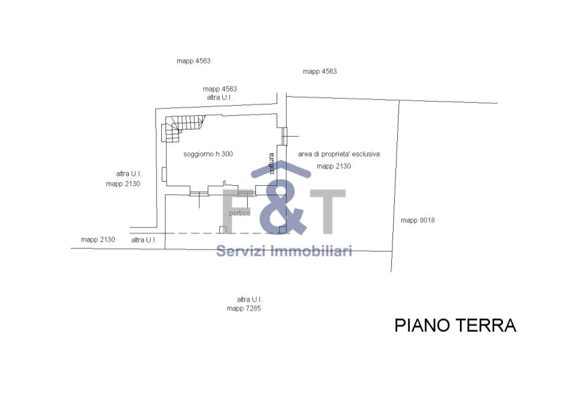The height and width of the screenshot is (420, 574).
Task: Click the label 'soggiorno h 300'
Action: pyautogui.click(x=208, y=154)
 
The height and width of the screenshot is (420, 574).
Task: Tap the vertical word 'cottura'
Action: pyautogui.click(x=271, y=163)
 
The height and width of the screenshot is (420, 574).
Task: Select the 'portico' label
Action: pyautogui.click(x=239, y=213)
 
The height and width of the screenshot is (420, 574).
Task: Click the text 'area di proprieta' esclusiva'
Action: pyautogui.click(x=339, y=154)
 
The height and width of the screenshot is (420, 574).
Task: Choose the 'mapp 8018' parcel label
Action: pyautogui.click(x=418, y=220)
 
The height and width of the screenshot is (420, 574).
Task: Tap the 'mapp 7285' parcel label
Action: pyautogui.click(x=244, y=308)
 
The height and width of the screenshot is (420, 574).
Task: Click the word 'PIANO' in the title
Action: pyautogui.click(x=423, y=325)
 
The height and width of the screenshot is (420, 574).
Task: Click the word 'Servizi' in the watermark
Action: pyautogui.click(x=242, y=251)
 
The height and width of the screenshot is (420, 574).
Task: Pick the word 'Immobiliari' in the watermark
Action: pyautogui.click(x=312, y=251)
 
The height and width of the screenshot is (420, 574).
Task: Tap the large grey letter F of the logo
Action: pyautogui.click(x=236, y=212)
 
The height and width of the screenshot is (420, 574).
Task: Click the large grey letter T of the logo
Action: pyautogui.click(x=327, y=212)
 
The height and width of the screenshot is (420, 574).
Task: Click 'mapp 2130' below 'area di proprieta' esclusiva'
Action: pyautogui.click(x=333, y=166)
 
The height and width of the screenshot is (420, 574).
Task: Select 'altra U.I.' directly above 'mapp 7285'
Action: pyautogui.click(x=249, y=299)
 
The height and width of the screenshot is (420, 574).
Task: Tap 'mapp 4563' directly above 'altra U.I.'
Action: pyautogui.click(x=220, y=89)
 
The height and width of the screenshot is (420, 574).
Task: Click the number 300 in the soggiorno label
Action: pyautogui.click(x=227, y=154)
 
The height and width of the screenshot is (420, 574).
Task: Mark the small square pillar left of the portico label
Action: pyautogui.click(x=223, y=230)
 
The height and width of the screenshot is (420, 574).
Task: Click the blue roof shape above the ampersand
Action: pyautogui.click(x=281, y=169)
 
